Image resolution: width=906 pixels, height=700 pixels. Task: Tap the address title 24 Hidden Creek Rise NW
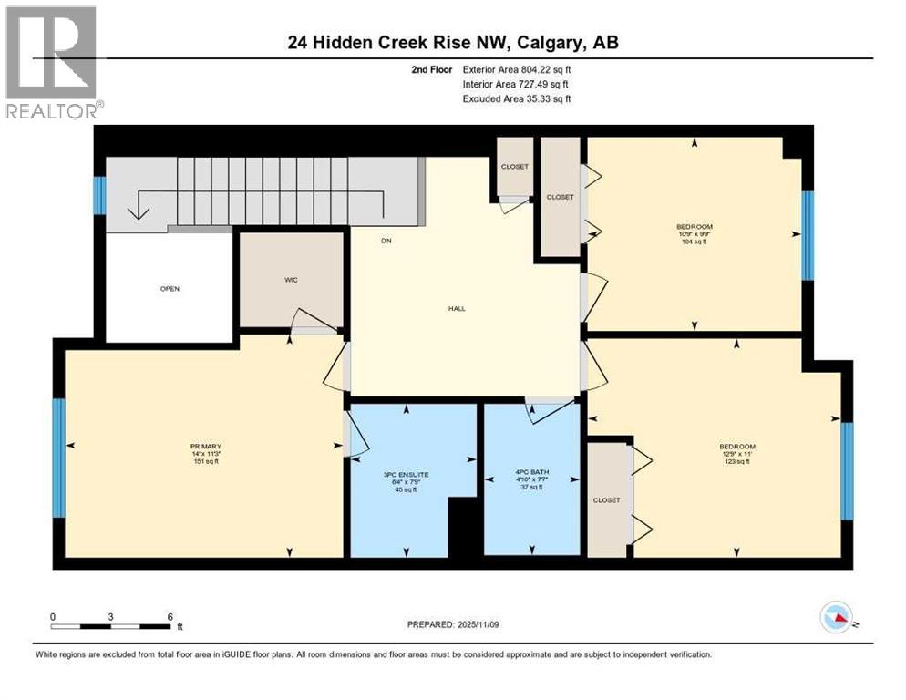(x=452, y=42)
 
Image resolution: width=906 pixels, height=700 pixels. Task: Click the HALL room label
(x=457, y=308)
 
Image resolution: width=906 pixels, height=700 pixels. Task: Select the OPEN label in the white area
(x=170, y=289)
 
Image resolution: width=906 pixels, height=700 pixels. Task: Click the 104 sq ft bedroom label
(x=694, y=234)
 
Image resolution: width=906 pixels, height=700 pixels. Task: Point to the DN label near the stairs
(x=386, y=242)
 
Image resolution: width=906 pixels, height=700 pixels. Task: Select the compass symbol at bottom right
(x=837, y=618)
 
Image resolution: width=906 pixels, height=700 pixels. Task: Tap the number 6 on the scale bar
(x=170, y=616)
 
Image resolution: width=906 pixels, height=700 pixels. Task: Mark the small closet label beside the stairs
(x=514, y=166)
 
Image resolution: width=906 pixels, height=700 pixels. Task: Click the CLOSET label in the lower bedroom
(x=606, y=499)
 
